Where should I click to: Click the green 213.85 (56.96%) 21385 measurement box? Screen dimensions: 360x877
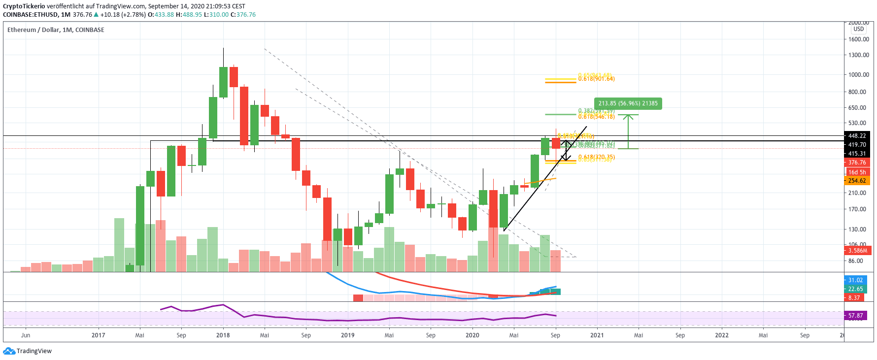(628, 103)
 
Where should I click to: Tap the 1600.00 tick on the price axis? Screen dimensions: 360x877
(858, 39)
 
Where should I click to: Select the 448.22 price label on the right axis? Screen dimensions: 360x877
(857, 136)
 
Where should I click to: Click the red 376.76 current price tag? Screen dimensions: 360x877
(857, 163)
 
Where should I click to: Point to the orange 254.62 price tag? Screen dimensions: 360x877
(857, 181)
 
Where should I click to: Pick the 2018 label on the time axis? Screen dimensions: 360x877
(223, 335)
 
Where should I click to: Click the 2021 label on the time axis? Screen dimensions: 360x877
(597, 335)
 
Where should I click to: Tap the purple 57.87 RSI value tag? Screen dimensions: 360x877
(855, 316)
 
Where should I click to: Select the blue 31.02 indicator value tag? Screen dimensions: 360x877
(855, 280)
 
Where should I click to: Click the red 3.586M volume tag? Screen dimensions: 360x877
(857, 251)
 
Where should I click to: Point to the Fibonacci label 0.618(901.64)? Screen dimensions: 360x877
(596, 79)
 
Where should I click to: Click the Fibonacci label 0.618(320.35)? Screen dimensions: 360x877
(596, 157)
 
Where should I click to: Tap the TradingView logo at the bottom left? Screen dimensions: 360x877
(28, 351)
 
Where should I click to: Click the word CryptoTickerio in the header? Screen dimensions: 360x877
(24, 6)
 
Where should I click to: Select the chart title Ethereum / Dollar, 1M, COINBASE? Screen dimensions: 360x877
(56, 30)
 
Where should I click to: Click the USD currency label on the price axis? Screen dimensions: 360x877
(858, 29)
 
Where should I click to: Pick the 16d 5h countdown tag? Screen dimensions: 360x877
(857, 172)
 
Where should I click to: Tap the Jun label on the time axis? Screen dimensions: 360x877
(26, 335)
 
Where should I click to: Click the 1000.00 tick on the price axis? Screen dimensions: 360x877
(858, 75)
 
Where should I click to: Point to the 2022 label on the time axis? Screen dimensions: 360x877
(721, 335)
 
